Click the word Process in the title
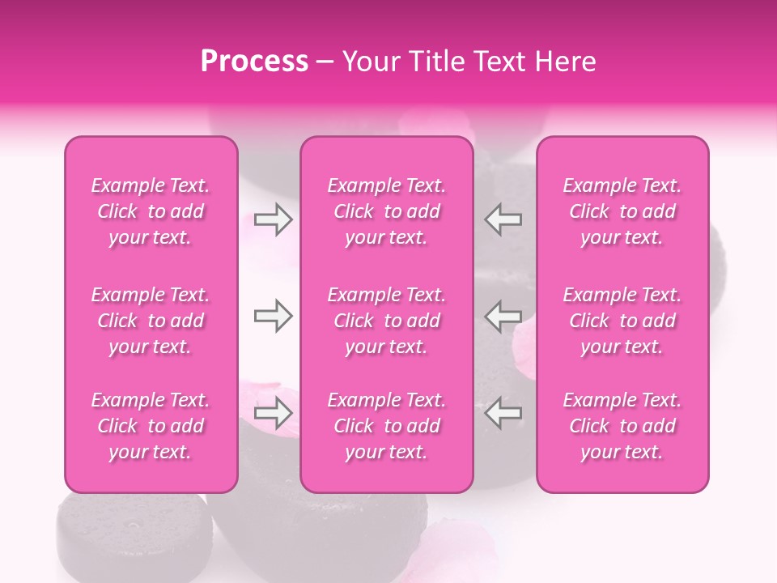tap(254, 62)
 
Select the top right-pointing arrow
tap(274, 219)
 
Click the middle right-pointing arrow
tap(274, 316)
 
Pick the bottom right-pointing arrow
tap(274, 413)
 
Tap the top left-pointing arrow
tap(503, 219)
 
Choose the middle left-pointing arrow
tap(503, 316)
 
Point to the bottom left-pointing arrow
tap(503, 413)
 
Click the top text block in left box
tap(151, 211)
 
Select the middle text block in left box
tap(151, 321)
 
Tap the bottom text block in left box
tap(151, 426)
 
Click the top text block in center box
tap(386, 211)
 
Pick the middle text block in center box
tap(386, 321)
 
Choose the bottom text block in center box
tap(386, 426)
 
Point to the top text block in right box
tap(622, 211)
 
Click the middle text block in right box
tap(622, 321)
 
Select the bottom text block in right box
tap(622, 426)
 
